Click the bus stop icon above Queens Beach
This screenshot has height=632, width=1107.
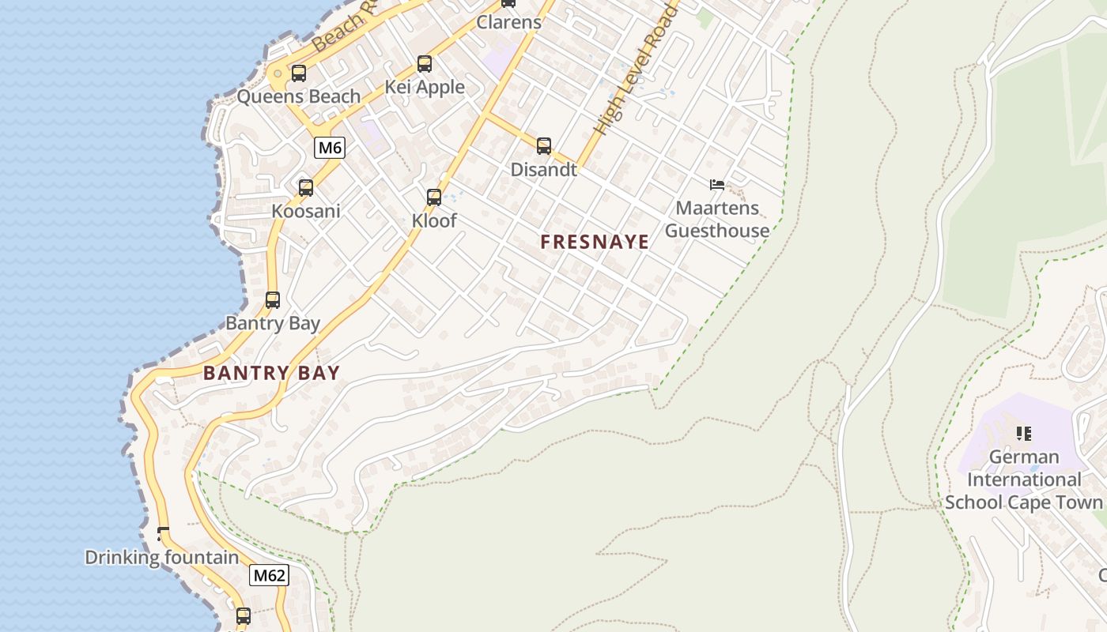pos(298,73)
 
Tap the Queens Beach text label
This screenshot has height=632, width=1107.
pos(299,96)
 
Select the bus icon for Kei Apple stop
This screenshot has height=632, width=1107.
pos(425,64)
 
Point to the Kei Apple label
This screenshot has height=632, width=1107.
pos(425,87)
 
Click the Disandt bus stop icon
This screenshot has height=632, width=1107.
pos(544,146)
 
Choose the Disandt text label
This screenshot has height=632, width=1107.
pos(544,169)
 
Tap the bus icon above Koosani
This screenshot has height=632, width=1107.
pos(306,188)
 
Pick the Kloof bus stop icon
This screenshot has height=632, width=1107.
pos(434,197)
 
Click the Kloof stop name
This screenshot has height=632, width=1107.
pos(434,220)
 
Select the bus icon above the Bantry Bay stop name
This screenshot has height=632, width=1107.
pos(273,300)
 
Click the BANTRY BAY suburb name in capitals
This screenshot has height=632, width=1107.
pos(271,373)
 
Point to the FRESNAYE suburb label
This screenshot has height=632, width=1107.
pos(595,242)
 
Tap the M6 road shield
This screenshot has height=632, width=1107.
pos(330,147)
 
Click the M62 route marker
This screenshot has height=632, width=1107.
pos(269,575)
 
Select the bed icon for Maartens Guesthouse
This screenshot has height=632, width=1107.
pos(717,185)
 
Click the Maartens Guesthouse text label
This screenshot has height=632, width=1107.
pos(716,219)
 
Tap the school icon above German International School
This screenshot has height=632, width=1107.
pos(1024,434)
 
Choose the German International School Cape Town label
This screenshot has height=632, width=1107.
pos(1024,480)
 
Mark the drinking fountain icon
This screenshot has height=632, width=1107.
pos(164,534)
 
